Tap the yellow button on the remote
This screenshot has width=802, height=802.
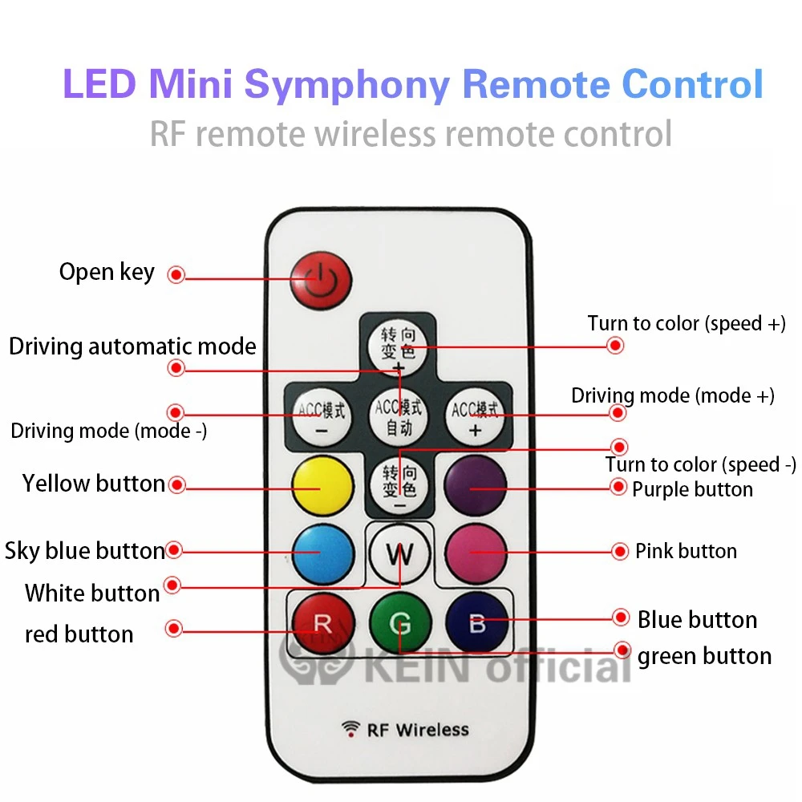pos(322,484)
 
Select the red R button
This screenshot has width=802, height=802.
pos(322,624)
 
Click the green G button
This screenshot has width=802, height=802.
pos(400,624)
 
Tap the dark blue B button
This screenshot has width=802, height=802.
pos(477,624)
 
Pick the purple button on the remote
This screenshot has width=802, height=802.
pos(476,484)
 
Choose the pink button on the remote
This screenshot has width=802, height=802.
pos(476,552)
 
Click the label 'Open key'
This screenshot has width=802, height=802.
pos(107,273)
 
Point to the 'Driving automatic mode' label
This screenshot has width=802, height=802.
pos(132,346)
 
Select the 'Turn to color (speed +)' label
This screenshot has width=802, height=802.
pos(687,323)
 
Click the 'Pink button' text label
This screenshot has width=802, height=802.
pos(686,551)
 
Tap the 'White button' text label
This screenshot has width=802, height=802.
pos(92,593)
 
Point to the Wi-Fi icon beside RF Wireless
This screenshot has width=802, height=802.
pos(350,729)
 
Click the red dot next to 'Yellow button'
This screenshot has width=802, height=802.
pos(177,484)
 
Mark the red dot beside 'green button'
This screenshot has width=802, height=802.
pos(621,650)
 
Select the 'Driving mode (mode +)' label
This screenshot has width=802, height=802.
pos(673,395)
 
